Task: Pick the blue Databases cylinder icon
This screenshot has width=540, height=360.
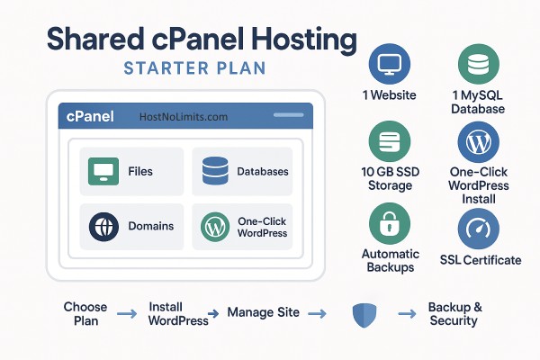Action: pos(215,171)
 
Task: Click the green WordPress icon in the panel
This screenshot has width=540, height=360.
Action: pos(215,226)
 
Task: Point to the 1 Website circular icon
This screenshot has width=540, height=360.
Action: pos(390,66)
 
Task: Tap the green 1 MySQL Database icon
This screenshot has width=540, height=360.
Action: pos(478,66)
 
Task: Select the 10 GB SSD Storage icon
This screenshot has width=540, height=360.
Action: pos(390,143)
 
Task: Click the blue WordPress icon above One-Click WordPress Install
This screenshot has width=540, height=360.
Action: pos(478,142)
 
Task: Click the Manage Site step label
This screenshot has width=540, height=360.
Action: pos(263,313)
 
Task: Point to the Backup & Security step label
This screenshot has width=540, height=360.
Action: pos(454,314)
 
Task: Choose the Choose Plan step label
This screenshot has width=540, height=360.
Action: pos(85,314)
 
